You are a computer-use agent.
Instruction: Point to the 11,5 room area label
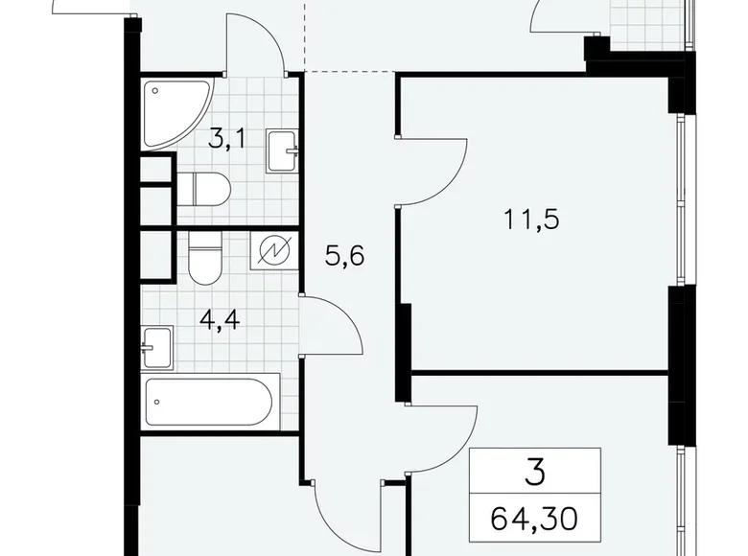pos(532,219)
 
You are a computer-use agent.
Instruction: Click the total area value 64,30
pos(535,521)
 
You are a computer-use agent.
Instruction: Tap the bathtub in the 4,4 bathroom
pos(211,404)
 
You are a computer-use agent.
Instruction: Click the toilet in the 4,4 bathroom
pos(204,260)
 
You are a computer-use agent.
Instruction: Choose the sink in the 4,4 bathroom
pos(156,346)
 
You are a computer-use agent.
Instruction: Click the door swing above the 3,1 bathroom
pos(257,43)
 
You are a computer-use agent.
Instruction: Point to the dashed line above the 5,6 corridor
pos(349,71)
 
